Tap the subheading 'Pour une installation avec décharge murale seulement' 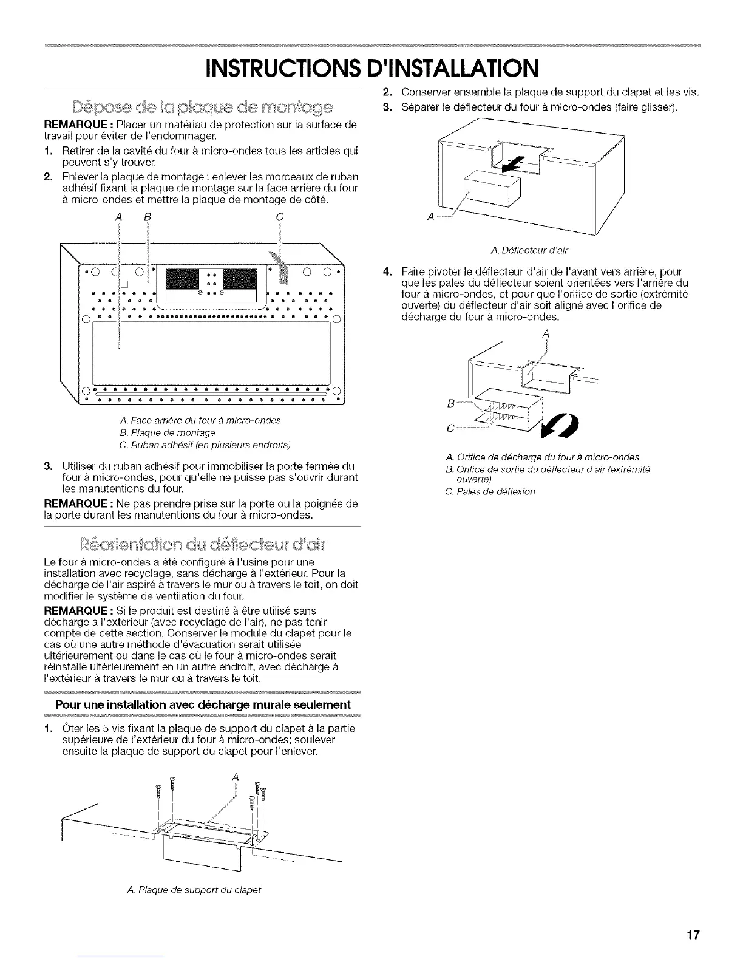[x=203, y=704]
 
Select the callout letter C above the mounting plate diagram [x=279, y=217]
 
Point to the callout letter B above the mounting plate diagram [x=147, y=217]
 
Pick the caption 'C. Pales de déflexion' [x=490, y=491]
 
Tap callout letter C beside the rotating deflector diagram [x=450, y=428]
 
